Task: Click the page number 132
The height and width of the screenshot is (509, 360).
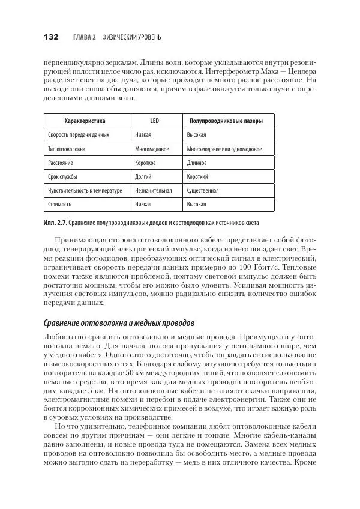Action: coord(50,37)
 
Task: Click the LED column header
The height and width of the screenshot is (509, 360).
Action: coord(154,121)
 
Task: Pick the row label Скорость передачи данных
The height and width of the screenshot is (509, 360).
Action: coord(79,136)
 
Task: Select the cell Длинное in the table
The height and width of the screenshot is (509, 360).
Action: coord(197,163)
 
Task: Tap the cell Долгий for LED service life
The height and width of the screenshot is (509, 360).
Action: coord(143,177)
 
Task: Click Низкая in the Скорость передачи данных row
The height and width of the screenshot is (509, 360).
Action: coord(143,136)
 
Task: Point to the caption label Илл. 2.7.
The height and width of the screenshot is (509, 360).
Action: coord(55,223)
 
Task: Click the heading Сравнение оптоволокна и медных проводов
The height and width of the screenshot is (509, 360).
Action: coord(127,324)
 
